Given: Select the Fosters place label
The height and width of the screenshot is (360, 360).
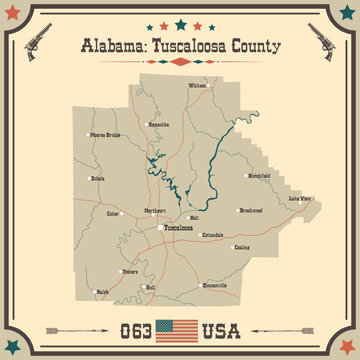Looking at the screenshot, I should click(130, 271).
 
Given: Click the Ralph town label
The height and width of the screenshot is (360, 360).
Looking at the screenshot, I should click(102, 293).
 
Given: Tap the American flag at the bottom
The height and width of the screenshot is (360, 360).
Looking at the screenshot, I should click(178, 328).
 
